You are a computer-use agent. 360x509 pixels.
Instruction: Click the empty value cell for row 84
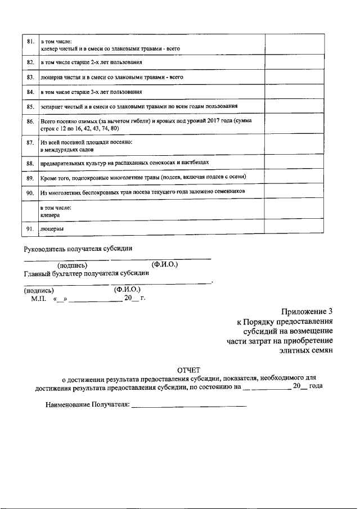[294, 90]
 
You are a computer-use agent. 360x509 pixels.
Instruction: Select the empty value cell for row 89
[294, 178]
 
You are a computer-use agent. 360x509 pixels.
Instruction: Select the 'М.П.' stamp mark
[38, 299]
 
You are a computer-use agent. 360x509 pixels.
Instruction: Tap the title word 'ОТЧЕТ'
[188, 370]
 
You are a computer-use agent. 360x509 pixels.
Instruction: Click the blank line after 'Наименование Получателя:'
[189, 404]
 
